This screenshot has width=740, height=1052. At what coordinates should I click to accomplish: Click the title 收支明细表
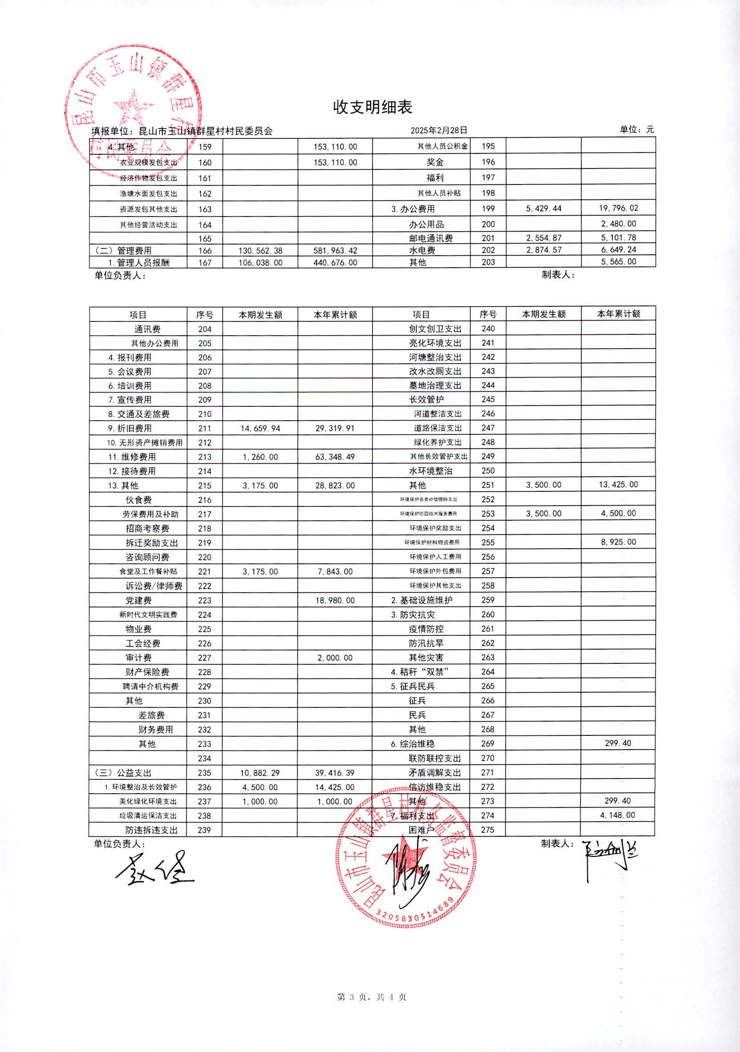[372, 107]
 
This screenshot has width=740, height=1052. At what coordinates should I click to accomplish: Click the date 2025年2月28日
[438, 131]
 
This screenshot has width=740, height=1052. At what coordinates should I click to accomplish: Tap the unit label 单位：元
[636, 130]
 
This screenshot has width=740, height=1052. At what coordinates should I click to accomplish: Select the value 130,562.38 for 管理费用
[260, 251]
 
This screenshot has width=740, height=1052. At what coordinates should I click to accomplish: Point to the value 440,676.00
[335, 262]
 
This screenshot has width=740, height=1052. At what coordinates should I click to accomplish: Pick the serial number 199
[488, 209]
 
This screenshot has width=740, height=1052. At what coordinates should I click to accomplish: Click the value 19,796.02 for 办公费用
[618, 208]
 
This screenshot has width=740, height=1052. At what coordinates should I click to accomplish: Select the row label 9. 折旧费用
[130, 428]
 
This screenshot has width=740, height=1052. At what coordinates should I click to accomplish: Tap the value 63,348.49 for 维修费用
[335, 457]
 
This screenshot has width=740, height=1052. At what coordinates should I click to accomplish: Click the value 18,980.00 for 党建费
[335, 600]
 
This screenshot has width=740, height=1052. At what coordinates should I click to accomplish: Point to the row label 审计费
[138, 658]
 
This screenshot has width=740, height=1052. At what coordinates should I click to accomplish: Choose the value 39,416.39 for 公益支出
[334, 772]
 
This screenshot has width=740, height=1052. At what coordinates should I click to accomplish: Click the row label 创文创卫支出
[435, 329]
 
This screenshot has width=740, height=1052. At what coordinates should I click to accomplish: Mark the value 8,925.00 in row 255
[618, 542]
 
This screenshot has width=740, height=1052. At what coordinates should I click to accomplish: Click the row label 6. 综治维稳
[412, 743]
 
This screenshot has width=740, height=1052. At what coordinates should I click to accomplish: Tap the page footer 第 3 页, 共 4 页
[371, 997]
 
